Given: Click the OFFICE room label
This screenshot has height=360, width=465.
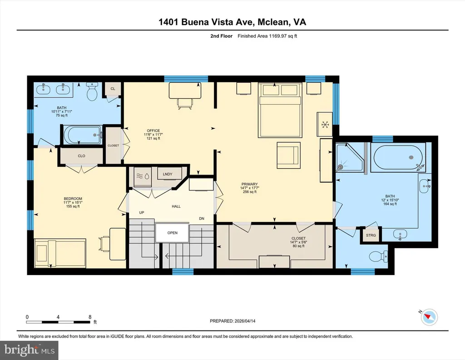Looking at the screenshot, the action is pos(153,130).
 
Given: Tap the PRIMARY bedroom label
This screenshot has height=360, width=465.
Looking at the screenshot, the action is pos(249,184).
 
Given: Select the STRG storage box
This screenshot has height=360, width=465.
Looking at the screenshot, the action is pos(371,235).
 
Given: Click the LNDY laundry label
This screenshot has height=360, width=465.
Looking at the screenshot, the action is pos(168,174).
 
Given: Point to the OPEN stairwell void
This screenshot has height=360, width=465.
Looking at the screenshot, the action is pos(172,233).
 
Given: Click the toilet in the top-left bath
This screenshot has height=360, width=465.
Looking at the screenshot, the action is pos(92,91).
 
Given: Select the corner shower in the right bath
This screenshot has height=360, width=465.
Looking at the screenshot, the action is pos(349,157).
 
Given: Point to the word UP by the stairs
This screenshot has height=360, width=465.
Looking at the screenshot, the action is pos(142,212).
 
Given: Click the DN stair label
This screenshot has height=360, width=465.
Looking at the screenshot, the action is pos(202,219).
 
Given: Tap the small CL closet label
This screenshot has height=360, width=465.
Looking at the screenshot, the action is pos(113,89).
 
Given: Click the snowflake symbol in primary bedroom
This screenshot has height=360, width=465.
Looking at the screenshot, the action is pos(325,125).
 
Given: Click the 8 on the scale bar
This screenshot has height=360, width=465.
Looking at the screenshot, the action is pos(90,317).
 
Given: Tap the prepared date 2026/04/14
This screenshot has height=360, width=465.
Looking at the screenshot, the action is pos(245,321).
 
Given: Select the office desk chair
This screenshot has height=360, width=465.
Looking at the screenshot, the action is pos(185,103).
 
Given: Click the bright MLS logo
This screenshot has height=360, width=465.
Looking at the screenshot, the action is pos(30,350).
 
